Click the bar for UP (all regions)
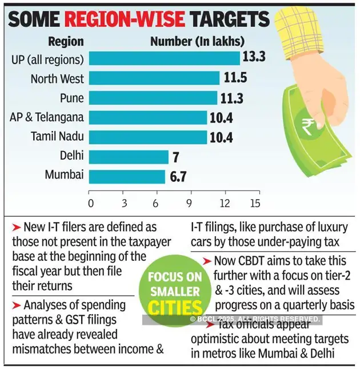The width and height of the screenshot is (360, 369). (165, 59)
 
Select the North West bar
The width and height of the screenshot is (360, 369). (154, 78)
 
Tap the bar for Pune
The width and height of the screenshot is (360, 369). (153, 98)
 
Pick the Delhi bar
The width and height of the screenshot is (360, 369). (129, 156)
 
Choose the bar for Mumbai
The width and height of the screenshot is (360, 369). (127, 176)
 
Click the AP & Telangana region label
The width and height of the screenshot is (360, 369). (47, 117)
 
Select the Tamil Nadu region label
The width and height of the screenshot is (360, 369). (57, 137)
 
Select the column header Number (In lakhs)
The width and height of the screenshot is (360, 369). (197, 41)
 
